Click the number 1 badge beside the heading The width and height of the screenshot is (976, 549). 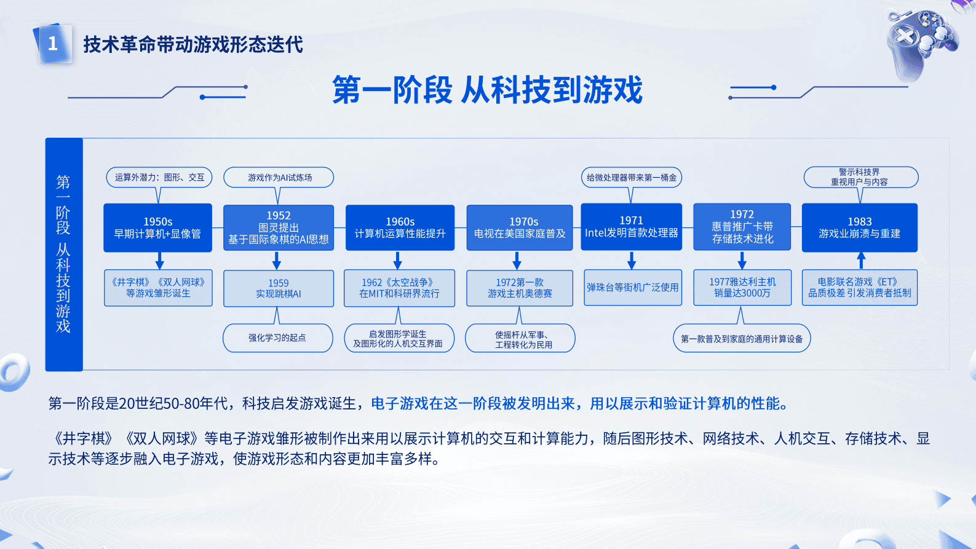tap(53, 44)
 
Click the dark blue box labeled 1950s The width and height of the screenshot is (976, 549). tap(157, 227)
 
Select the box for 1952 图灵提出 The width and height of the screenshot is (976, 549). tap(278, 227)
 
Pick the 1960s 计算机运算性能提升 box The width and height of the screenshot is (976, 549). tap(400, 227)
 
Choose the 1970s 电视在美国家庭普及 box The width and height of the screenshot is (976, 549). tap(520, 227)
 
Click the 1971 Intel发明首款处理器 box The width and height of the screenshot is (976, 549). tap(631, 227)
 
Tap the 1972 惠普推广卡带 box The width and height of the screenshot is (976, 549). tap(742, 227)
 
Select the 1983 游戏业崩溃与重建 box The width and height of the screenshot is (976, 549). tap(859, 227)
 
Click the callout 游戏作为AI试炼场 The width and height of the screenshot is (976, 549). tap(279, 178)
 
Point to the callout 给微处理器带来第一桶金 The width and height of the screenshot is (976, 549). tap(631, 178)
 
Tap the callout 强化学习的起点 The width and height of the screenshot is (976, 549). tap(277, 338)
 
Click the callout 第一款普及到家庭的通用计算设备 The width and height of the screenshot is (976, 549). tap(742, 339)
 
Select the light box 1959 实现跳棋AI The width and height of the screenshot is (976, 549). tap(278, 288)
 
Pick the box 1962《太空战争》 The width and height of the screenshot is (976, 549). tap(399, 288)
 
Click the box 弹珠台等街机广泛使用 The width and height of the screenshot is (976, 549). tap(632, 287)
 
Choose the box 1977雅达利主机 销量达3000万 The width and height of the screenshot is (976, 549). tap(742, 287)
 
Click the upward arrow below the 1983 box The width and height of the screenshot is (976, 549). tap(861, 260)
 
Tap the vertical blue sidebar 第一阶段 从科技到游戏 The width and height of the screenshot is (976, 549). tap(63, 254)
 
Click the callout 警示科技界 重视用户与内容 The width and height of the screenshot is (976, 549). tap(860, 177)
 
